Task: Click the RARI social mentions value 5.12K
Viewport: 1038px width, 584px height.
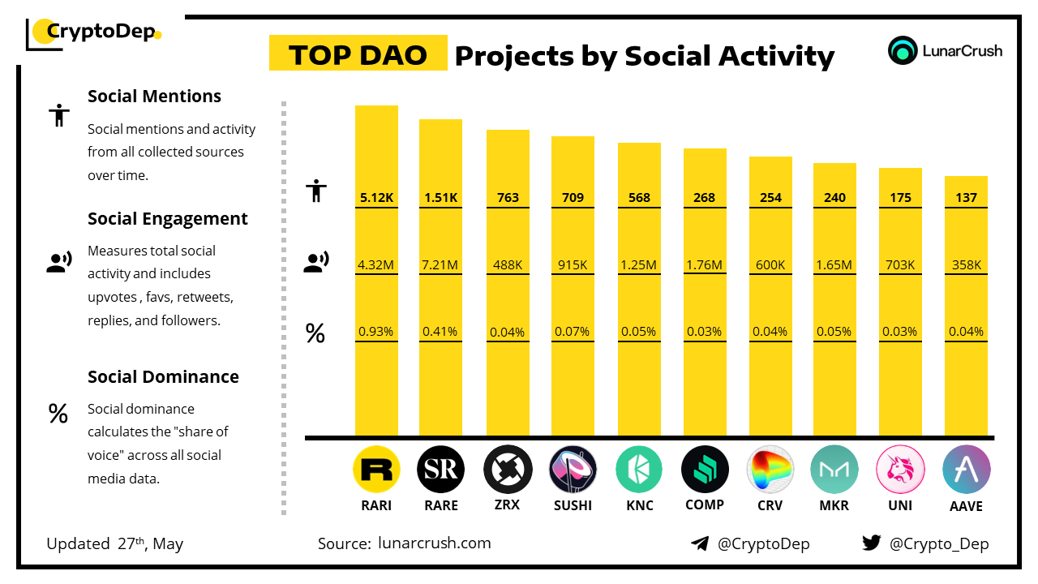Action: point(376,198)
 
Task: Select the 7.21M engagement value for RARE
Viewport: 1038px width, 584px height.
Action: point(440,264)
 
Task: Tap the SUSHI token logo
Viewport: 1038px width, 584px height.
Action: point(573,470)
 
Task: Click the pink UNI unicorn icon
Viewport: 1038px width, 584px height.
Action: point(900,470)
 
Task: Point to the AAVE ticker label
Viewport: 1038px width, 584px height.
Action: point(966,506)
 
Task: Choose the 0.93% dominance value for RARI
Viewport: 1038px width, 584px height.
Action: point(376,332)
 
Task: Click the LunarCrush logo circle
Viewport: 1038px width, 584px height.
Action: point(902,50)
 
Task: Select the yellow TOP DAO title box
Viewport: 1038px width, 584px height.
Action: point(358,54)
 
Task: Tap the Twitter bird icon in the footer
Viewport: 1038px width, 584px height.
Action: point(872,543)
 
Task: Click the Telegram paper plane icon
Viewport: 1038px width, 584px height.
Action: point(700,543)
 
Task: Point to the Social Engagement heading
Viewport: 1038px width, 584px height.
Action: point(167,219)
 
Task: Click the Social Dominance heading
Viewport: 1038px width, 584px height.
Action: point(163,376)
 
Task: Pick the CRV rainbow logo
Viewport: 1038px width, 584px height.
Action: point(770,470)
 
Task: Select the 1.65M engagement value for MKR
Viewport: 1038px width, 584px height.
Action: point(834,264)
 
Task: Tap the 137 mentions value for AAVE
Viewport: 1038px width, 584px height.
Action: point(966,198)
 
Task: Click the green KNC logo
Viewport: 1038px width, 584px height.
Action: point(639,470)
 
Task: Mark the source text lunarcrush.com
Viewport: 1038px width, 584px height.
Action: point(434,543)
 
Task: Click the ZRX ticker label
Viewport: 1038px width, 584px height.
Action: point(508,505)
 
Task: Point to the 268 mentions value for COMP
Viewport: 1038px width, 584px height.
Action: point(704,198)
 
